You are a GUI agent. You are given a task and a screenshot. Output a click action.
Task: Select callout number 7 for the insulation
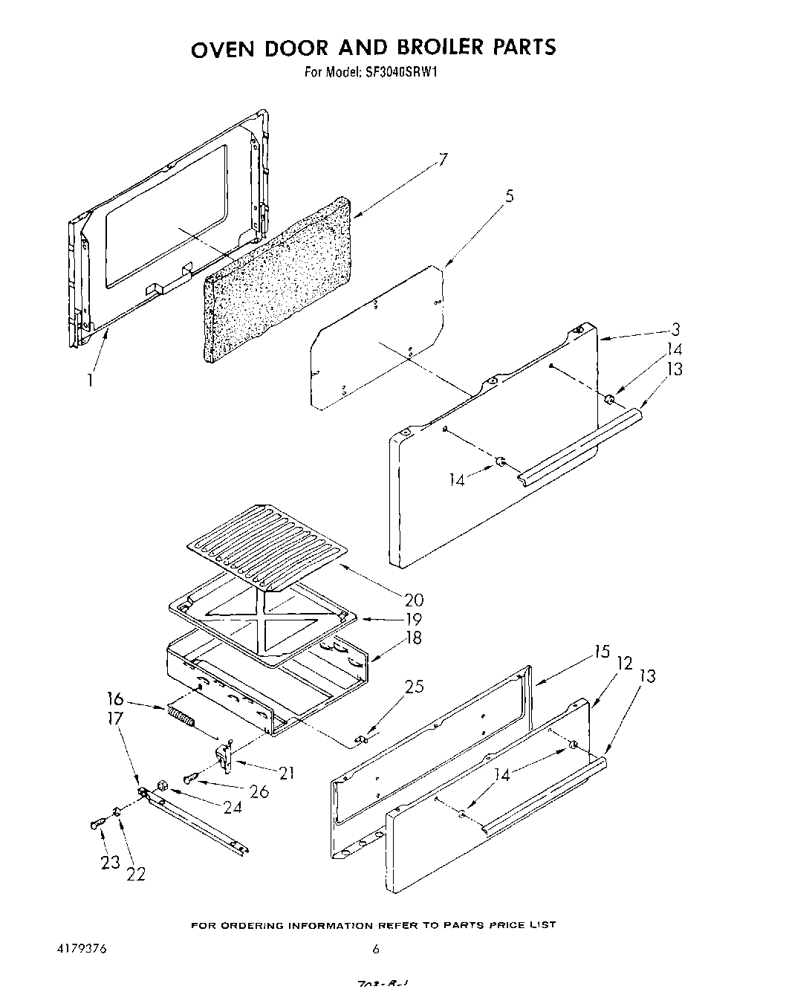[443, 160]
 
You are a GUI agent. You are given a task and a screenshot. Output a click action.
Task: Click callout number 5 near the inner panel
[510, 196]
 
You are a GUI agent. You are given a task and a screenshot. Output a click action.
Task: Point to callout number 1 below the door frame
[90, 380]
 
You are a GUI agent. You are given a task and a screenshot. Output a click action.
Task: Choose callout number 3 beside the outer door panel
[675, 330]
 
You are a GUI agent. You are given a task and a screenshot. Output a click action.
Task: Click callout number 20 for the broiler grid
[415, 600]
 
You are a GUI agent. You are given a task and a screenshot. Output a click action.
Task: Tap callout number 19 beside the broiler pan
[414, 619]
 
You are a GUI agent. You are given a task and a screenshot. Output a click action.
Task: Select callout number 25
[415, 687]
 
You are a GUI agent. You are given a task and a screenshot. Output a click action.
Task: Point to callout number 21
[286, 773]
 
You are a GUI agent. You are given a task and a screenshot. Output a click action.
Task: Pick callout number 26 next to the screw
[259, 792]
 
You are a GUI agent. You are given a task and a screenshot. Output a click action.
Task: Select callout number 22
[135, 874]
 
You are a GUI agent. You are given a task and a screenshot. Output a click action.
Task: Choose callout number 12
[625, 663]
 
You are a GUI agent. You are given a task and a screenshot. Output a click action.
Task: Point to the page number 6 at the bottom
[377, 949]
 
